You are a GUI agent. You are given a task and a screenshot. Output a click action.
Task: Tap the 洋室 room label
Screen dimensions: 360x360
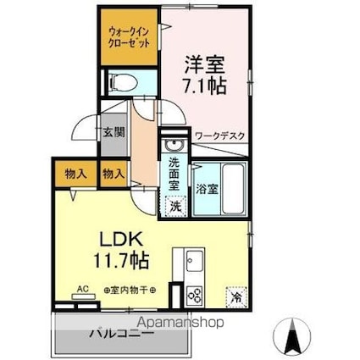point(203,63)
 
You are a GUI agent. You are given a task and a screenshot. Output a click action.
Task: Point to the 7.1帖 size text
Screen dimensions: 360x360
point(204,85)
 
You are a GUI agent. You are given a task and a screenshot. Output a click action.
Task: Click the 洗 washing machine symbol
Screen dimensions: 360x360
point(175,204)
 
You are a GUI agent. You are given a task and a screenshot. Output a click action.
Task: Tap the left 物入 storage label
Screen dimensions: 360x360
point(75,174)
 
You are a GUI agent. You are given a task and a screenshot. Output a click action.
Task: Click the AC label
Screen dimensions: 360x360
point(83,288)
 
